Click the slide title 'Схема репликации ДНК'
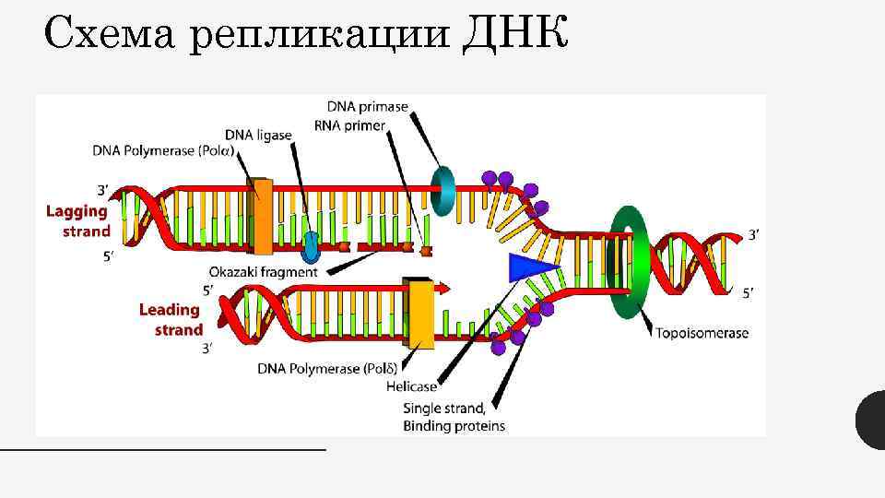coord(304,36)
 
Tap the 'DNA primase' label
coord(367,107)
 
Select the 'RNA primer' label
coord(349,125)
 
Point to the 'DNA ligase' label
coord(258,135)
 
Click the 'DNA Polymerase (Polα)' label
coord(162,151)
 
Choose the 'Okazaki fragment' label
coord(263,272)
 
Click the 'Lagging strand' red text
coord(78,221)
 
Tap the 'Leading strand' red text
coord(171,320)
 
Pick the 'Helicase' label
coord(411,386)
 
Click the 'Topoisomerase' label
coord(702,333)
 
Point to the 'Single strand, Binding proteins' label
coord(454,417)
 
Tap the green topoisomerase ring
coord(630,262)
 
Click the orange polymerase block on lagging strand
coord(263,216)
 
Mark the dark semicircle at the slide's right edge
coord(871,421)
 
